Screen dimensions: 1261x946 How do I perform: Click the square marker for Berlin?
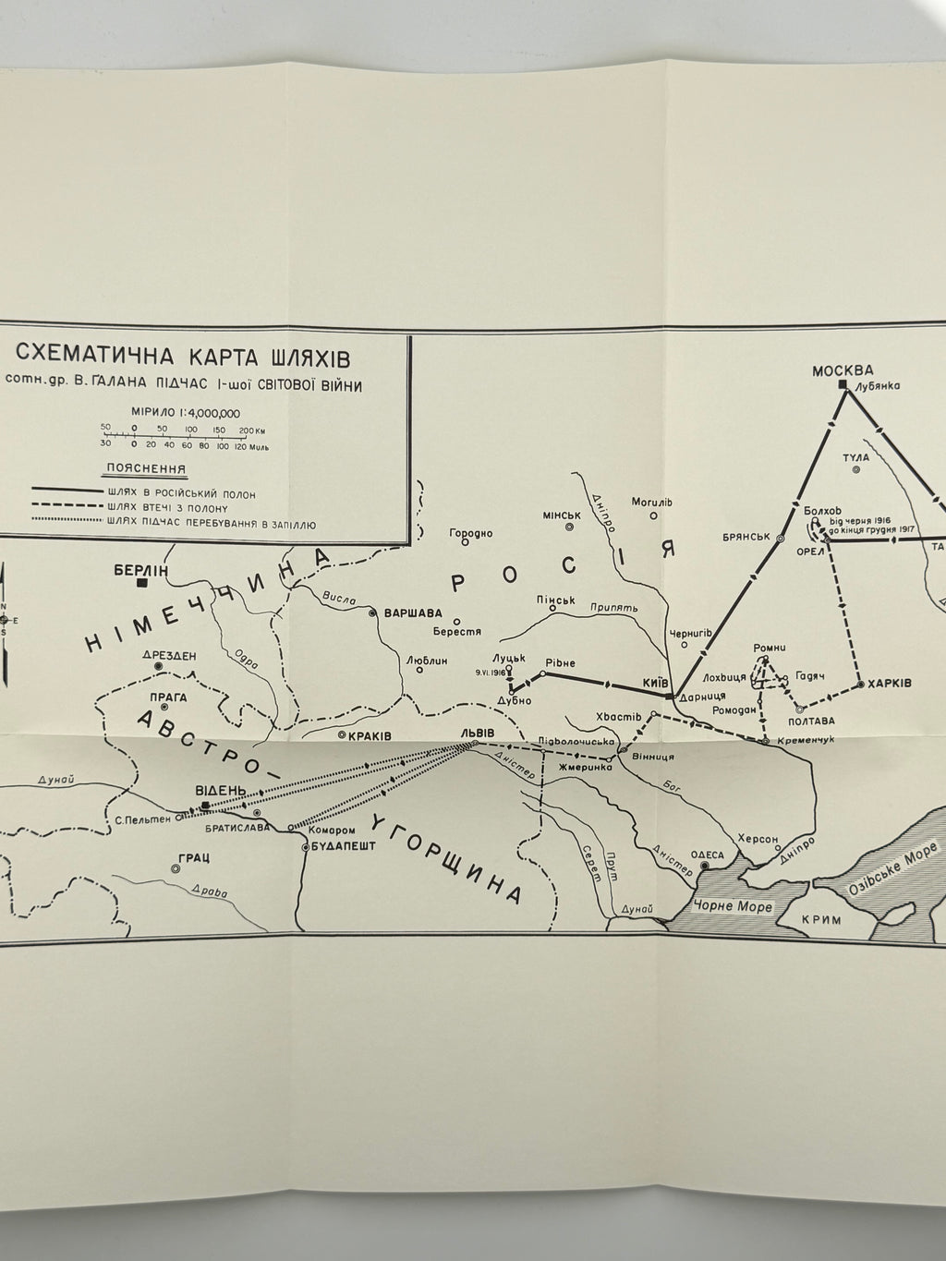tap(142, 583)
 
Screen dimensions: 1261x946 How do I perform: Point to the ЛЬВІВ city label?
tap(477, 733)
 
